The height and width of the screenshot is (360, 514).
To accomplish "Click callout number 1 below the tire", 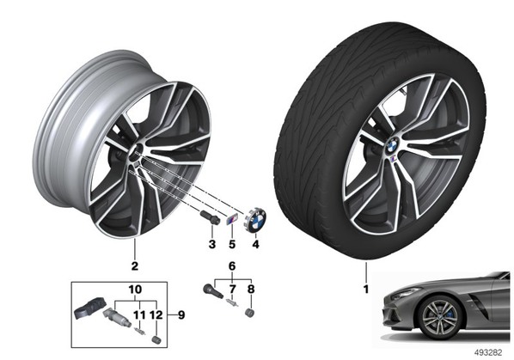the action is coord(366,290).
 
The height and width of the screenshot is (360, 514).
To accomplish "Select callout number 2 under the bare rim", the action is coord(135,266).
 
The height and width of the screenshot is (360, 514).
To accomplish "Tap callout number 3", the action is coord(212,244).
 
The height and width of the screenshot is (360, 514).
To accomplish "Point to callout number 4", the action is coord(255,244).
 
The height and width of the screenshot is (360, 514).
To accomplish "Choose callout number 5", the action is coord(232,244).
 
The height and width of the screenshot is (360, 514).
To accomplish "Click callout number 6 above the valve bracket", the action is coord(232,266).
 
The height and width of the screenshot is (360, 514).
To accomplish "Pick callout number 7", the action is coord(232,290).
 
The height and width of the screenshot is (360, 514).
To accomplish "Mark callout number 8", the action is coord(251,290).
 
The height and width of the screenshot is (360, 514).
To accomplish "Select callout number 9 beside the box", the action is coord(181,315).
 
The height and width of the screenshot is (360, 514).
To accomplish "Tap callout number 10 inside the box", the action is coord(135,290).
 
